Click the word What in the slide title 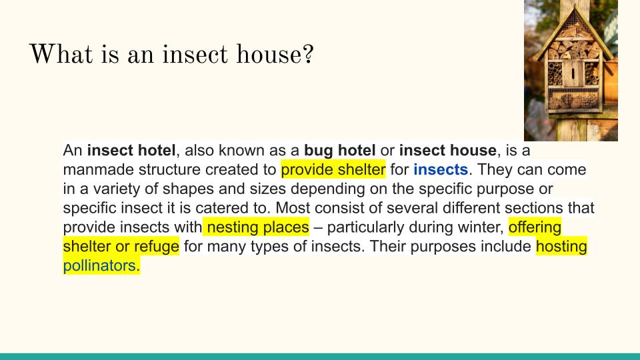pos(61,53)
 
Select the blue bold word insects pos(441,169)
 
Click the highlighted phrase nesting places pos(258,227)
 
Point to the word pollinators pos(99,265)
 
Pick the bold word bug pos(319,151)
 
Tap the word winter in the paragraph pos(480,227)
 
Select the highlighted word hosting pos(561,246)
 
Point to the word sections pos(533,208)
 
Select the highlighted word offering pos(535,227)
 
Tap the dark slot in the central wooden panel pos(573,74)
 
